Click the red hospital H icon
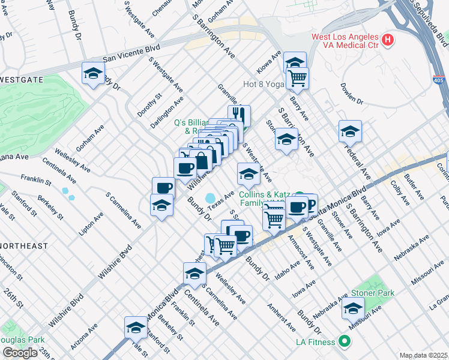point(388,41)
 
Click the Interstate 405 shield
point(439,80)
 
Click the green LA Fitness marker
point(344,342)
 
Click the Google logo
point(20,352)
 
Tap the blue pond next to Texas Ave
point(210,197)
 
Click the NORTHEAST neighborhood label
point(23,246)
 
